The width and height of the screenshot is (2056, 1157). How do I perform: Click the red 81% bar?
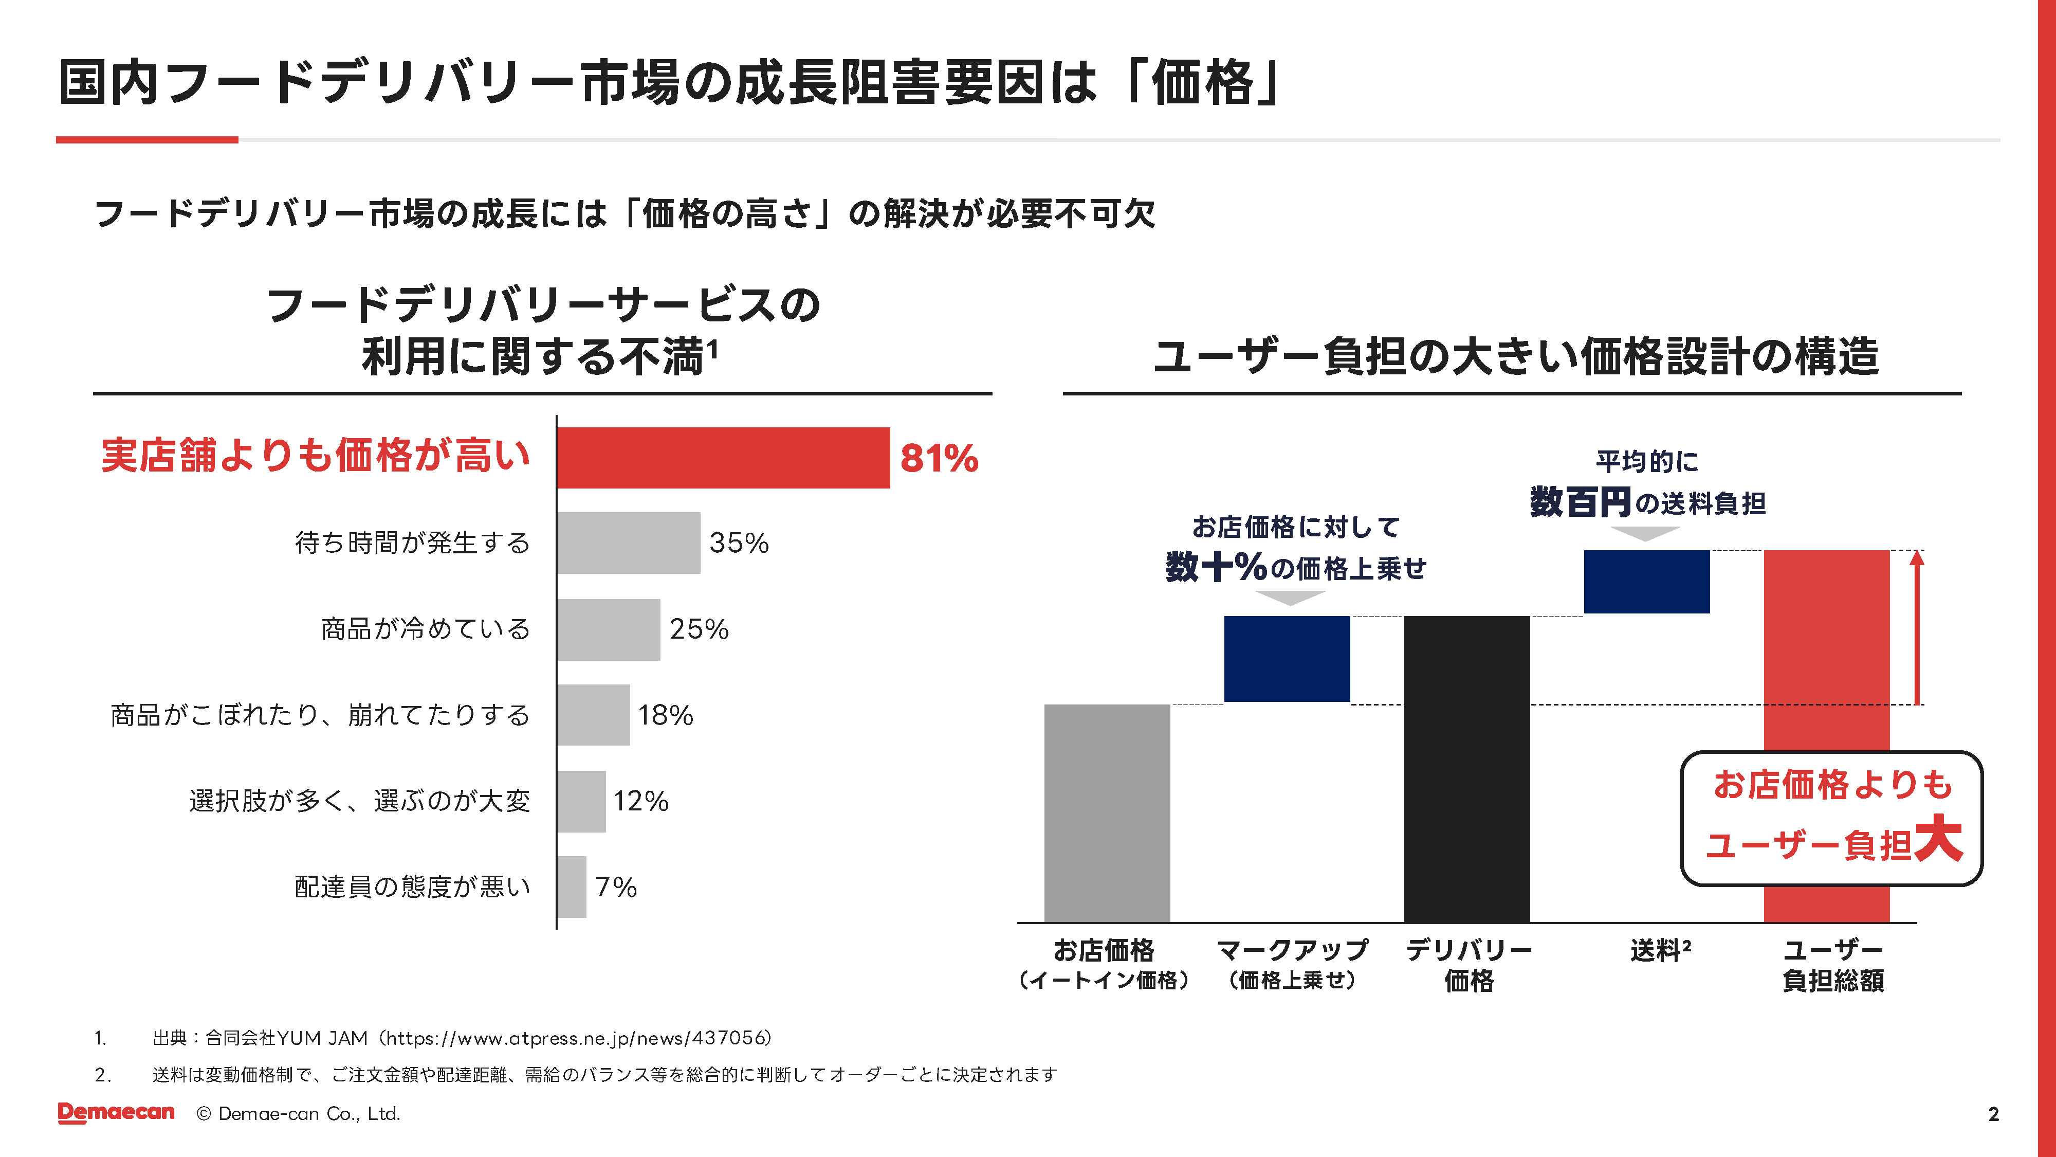[x=723, y=458]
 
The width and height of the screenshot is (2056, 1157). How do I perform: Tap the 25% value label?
[x=699, y=629]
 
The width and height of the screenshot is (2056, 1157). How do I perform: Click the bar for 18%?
[x=594, y=715]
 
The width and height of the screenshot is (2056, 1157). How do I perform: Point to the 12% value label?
[x=640, y=801]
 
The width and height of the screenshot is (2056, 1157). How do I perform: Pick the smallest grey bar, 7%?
[x=572, y=887]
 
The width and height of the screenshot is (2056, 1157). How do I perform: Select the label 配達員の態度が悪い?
[x=412, y=887]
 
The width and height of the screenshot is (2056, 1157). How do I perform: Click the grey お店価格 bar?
[x=1107, y=813]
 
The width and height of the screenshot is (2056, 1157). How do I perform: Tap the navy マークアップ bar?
[x=1287, y=659]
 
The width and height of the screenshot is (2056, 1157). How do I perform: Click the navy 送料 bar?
[x=1646, y=581]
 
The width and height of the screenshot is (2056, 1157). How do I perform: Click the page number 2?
[x=1993, y=1114]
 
